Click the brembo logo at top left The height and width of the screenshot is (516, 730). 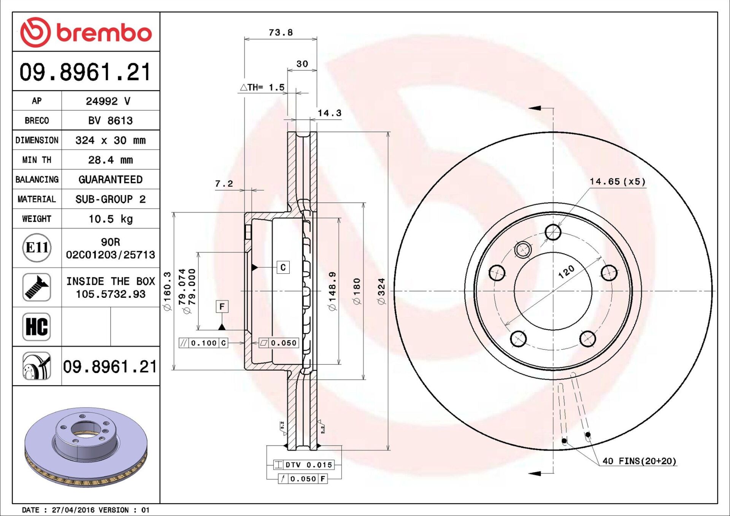tap(86, 32)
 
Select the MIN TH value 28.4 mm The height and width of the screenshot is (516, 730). tap(110, 160)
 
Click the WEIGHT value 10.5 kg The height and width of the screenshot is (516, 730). tap(110, 219)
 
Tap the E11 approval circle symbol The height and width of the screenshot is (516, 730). tap(36, 248)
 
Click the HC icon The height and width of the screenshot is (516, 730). tap(36, 327)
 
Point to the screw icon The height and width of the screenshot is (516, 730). tap(36, 287)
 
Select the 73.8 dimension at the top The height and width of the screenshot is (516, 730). tap(281, 33)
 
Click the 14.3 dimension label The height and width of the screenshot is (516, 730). tap(329, 113)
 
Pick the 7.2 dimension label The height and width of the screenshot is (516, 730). tap(224, 184)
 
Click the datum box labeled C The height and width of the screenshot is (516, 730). tap(283, 267)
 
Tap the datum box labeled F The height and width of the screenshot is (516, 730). tap(222, 306)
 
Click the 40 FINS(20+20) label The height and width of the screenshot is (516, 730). tap(640, 461)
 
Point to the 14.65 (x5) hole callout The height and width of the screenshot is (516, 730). tap(617, 182)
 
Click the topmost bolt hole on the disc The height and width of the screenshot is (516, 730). tap(553, 232)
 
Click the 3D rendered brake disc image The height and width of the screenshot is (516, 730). tap(86, 447)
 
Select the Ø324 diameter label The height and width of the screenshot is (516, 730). tap(381, 291)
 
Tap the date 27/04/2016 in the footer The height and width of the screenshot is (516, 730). tap(71, 510)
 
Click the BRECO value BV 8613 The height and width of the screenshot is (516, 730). tap(110, 121)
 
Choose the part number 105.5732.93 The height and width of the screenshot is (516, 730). tap(110, 294)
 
